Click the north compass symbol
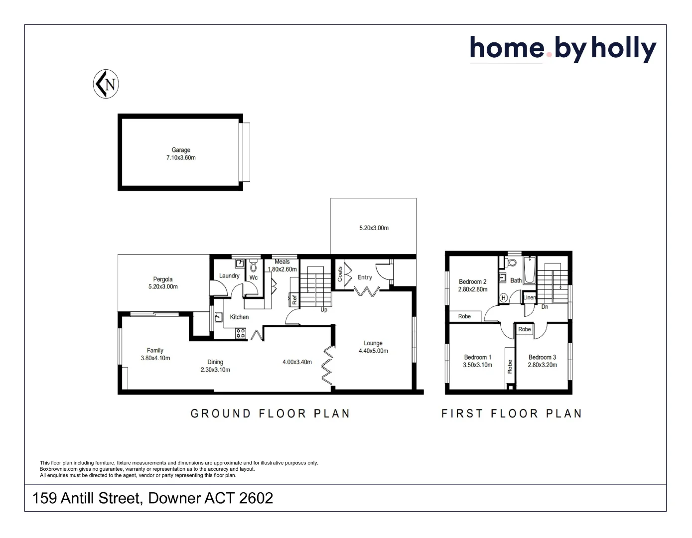(106, 84)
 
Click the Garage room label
(181, 150)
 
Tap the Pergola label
(163, 279)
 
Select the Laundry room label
(229, 276)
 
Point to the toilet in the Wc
(253, 267)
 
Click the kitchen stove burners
(241, 333)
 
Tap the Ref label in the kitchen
(294, 299)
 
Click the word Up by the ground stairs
(324, 310)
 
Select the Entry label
(365, 277)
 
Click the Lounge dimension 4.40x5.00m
(373, 351)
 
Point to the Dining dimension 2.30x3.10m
(215, 370)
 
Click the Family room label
(155, 351)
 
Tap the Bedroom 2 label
(472, 282)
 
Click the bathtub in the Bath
(529, 270)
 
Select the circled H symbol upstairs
(503, 298)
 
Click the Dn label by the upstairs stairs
(545, 307)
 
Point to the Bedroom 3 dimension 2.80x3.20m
(542, 365)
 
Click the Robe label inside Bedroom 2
(464, 316)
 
